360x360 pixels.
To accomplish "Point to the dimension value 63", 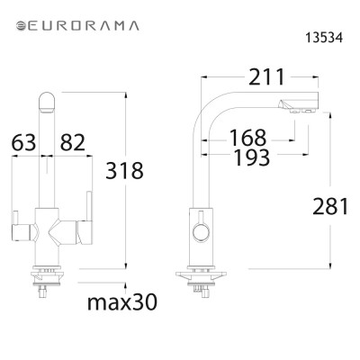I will coord(26,141).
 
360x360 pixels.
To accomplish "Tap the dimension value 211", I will coord(266,78).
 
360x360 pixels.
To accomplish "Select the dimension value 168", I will coord(247,138).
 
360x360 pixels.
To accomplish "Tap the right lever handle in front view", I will coord(89,216).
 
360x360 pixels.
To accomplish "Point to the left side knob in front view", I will coord(16,217).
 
